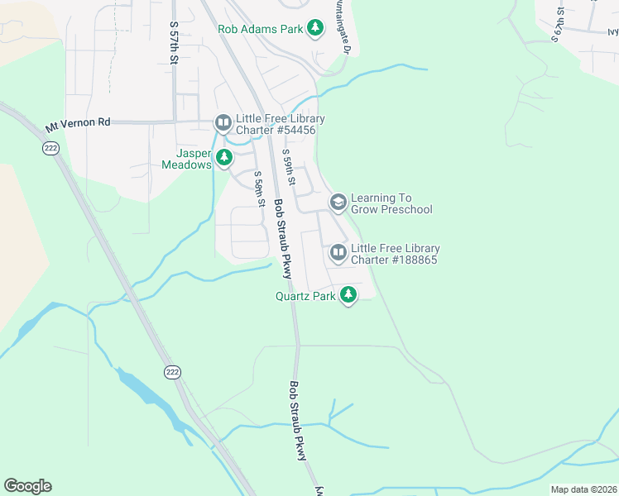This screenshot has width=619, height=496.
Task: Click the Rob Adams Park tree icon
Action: pyautogui.click(x=314, y=28)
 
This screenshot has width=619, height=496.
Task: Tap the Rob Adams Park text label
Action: pyautogui.click(x=260, y=29)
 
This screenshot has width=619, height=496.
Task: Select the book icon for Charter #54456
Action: pyautogui.click(x=223, y=123)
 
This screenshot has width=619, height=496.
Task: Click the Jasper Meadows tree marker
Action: pyautogui.click(x=223, y=157)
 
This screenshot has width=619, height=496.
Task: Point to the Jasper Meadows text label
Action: pyautogui.click(x=194, y=159)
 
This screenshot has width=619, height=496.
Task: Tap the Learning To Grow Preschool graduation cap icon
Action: pyautogui.click(x=338, y=202)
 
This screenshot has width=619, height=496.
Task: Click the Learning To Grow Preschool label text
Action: pyautogui.click(x=391, y=203)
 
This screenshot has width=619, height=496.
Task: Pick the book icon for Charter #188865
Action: pyautogui.click(x=338, y=252)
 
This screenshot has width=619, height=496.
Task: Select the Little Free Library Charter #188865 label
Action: pyautogui.click(x=395, y=254)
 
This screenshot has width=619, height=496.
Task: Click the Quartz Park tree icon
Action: pyautogui.click(x=348, y=294)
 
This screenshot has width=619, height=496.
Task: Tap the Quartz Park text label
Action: pyautogui.click(x=305, y=295)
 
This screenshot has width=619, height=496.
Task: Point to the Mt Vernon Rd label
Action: pyautogui.click(x=78, y=123)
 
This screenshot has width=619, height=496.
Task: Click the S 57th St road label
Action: pyautogui.click(x=174, y=37)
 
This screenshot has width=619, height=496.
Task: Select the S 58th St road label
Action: pyautogui.click(x=259, y=188)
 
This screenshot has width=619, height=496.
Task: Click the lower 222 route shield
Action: pyautogui.click(x=171, y=371)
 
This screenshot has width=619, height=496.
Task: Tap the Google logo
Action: pyautogui.click(x=27, y=486)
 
